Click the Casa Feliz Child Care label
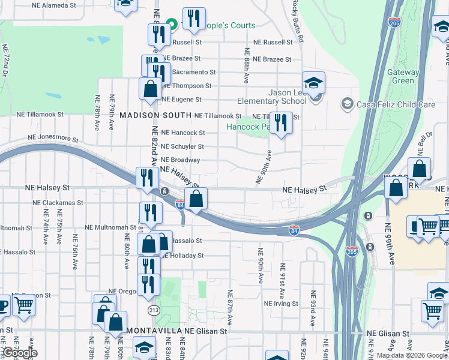point(396,104)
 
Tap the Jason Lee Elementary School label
point(280,97)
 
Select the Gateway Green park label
point(403,76)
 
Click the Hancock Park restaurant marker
point(281,123)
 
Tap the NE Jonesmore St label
point(52,138)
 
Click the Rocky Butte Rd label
point(298,28)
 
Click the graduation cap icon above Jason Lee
point(313,83)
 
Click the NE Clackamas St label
point(58,203)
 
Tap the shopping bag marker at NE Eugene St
point(149,89)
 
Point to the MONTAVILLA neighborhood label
point(151,331)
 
